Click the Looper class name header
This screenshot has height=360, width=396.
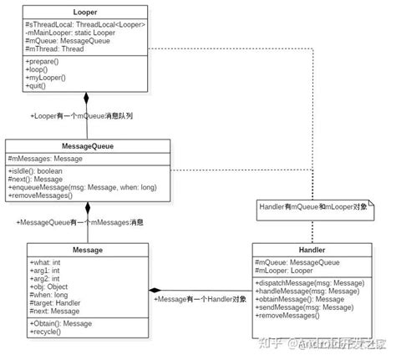coord(85,13)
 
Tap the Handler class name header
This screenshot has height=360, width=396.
coord(312,250)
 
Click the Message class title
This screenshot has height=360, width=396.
coord(87,250)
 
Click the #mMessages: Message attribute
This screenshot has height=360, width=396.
coord(45,158)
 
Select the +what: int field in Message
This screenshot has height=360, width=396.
coord(47,262)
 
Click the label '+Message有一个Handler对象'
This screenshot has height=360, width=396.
coord(199,298)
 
